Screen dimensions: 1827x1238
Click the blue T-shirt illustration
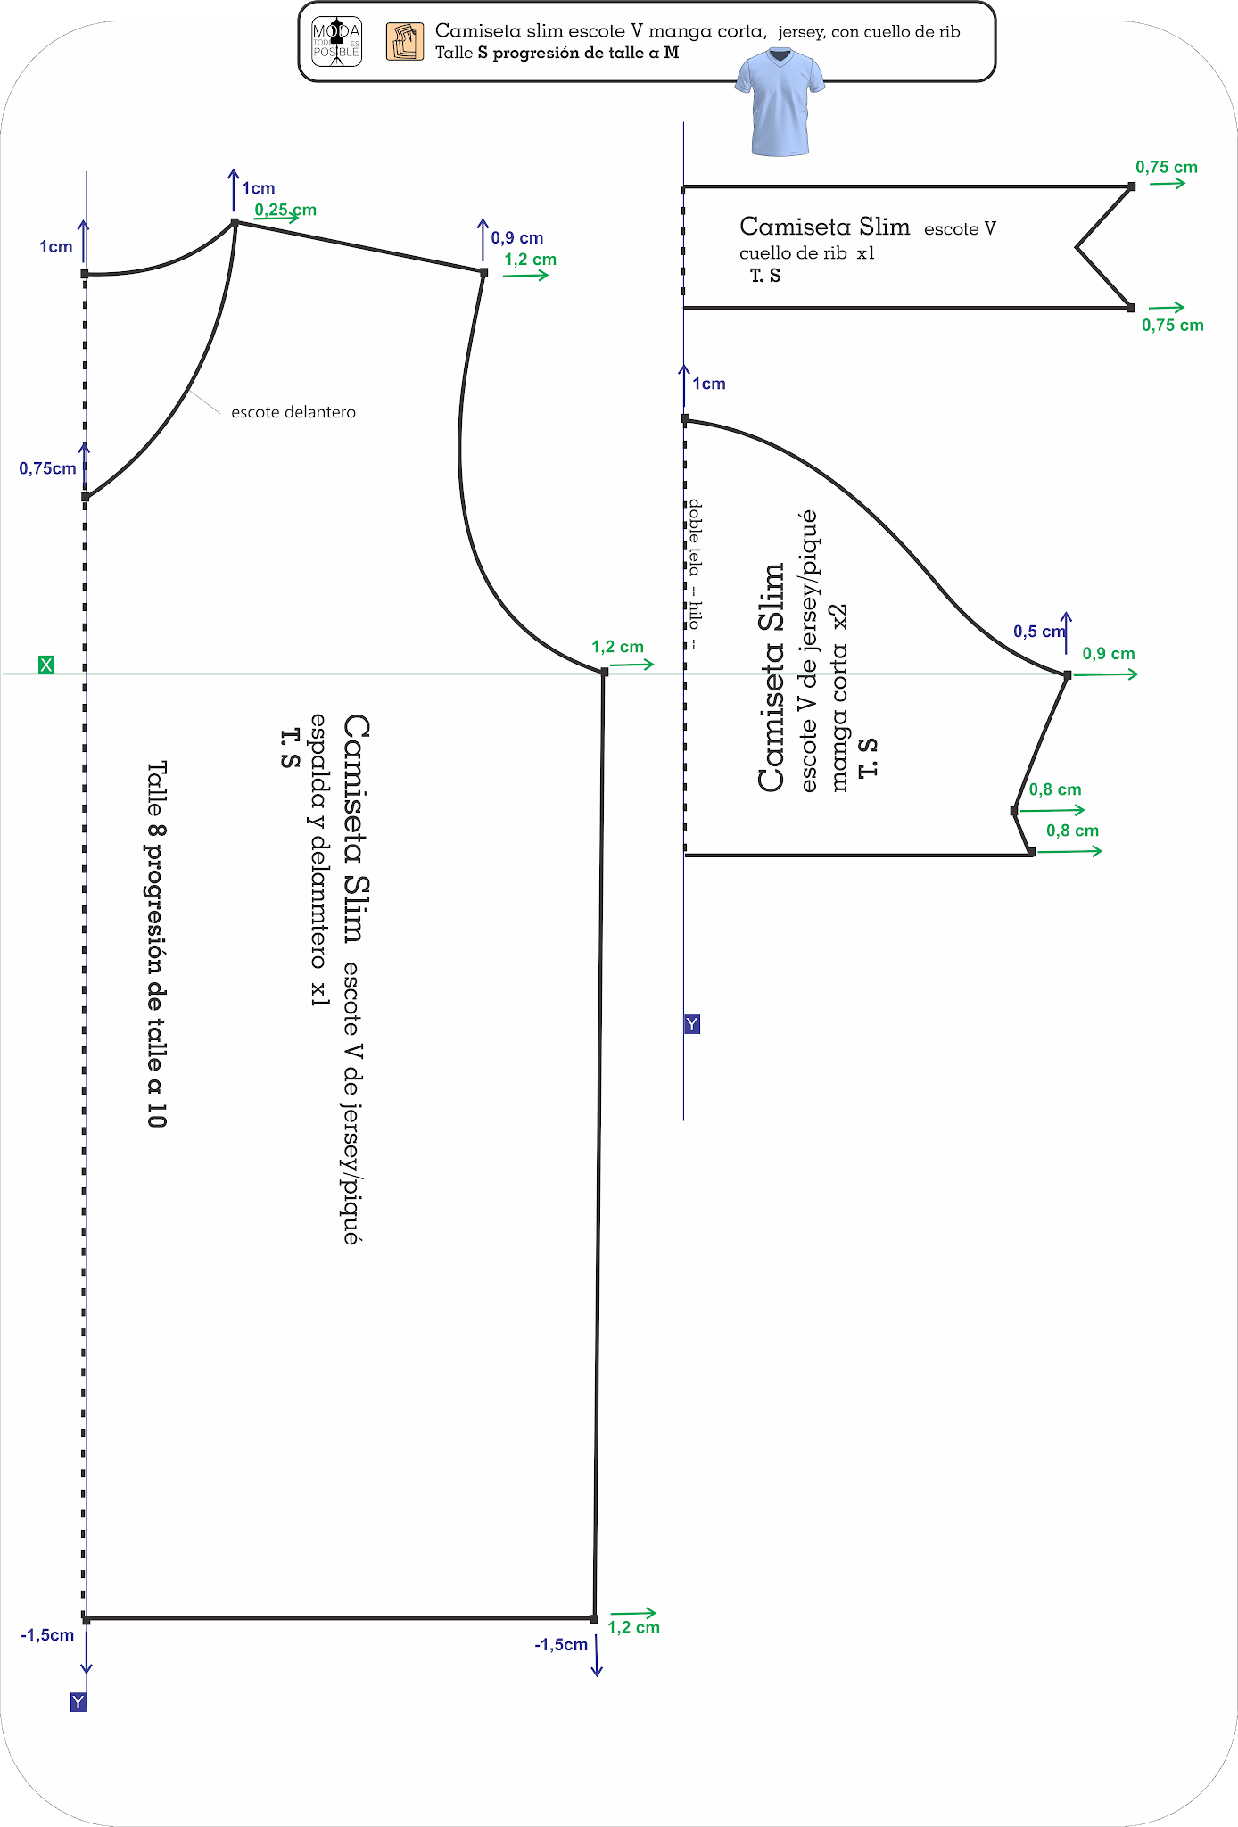(780, 102)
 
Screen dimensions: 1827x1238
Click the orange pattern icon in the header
(405, 42)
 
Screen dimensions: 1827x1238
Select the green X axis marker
(46, 665)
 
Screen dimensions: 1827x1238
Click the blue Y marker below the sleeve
(692, 1024)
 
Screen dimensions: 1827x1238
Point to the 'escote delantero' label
(293, 412)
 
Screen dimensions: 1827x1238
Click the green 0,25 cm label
(285, 211)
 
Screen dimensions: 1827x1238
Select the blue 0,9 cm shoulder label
(517, 238)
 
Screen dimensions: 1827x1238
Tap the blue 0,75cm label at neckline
(48, 468)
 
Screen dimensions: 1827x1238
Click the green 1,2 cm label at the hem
(633, 1627)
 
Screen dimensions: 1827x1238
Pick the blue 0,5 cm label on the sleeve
(1038, 632)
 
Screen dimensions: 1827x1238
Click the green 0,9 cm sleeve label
(1109, 654)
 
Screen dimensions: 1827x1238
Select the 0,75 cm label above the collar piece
(1166, 168)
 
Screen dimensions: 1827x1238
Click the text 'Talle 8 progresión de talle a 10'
(157, 944)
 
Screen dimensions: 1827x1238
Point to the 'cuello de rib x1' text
(806, 253)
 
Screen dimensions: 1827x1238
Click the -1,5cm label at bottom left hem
(48, 1635)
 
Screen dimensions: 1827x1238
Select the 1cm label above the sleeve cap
(709, 384)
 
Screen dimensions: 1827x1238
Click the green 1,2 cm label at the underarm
(617, 647)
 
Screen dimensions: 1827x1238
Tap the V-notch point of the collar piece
(1077, 247)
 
